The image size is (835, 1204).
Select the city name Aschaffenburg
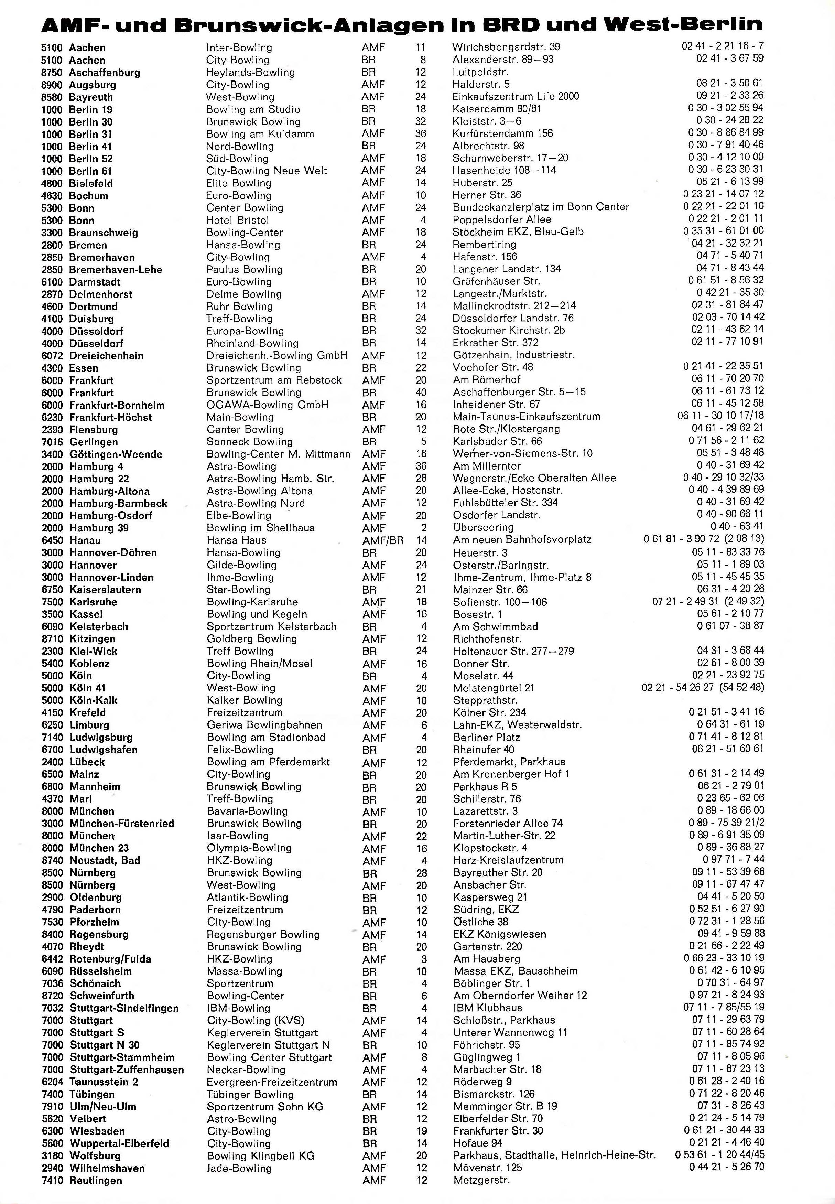point(104,73)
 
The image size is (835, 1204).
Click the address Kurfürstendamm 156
point(502,133)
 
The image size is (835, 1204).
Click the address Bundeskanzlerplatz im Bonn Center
point(541,207)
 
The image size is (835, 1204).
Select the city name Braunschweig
point(103,232)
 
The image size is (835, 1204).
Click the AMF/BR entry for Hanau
point(382,540)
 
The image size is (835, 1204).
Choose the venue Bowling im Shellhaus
point(261,528)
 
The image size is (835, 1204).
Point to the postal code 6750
point(52,590)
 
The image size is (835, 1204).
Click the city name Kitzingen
point(92,639)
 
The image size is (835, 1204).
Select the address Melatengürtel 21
point(494,688)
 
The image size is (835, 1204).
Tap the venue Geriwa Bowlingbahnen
point(264,725)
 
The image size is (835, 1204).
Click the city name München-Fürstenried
point(121,824)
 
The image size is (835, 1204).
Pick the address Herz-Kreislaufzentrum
point(508,860)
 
